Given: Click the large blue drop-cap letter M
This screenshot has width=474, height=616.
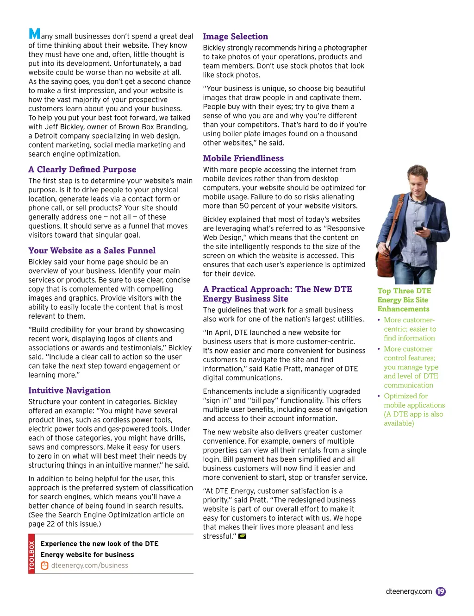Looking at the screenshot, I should coord(34,34).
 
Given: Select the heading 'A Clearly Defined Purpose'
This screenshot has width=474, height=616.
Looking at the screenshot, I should coord(82,170).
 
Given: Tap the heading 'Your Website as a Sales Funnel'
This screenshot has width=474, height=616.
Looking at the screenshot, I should coord(92,251).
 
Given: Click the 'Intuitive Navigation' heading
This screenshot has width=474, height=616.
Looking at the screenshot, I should coord(69,390).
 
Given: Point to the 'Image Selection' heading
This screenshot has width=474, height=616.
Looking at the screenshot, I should coord(235,37).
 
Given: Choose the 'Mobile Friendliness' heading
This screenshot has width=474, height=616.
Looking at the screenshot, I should coord(243,158).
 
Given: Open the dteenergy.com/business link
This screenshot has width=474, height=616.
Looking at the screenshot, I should coord(89,566).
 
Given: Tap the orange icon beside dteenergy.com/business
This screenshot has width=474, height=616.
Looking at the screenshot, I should coord(44,566).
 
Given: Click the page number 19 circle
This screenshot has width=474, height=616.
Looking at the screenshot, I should coord(441,591).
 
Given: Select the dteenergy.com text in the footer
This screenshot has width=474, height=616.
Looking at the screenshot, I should coord(409,591).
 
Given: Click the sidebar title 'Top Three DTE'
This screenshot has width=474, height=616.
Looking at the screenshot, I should coord(404,291).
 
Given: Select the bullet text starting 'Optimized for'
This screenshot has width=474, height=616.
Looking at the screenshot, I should coord(405,396).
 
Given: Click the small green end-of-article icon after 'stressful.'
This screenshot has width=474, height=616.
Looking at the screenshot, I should coord(242,536).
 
